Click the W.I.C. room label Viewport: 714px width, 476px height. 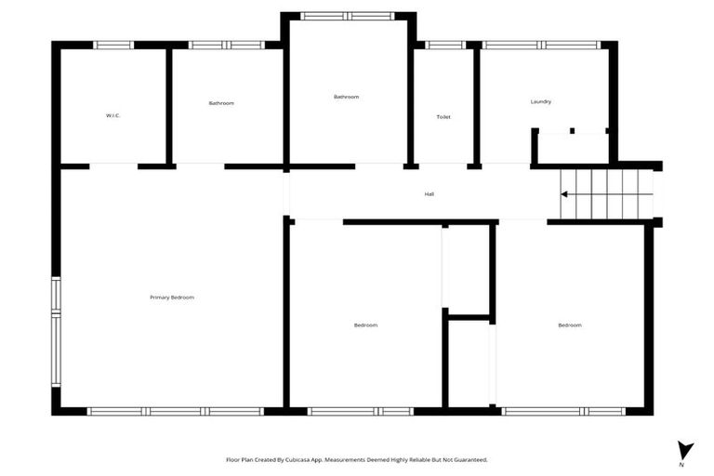[x=113, y=115]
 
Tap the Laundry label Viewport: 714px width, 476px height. [x=541, y=101]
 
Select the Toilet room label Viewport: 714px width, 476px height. [x=443, y=117]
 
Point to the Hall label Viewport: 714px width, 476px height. [x=430, y=194]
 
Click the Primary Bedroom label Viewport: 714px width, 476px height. [x=172, y=297]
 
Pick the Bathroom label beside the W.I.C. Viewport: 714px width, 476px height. [x=221, y=103]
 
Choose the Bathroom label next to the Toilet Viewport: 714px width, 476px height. [x=346, y=97]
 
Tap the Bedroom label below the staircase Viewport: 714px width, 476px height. [x=570, y=324]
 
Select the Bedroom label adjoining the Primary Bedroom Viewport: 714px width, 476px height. [x=365, y=324]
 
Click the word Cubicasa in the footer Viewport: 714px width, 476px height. [x=298, y=459]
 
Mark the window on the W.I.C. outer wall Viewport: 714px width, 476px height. [x=114, y=45]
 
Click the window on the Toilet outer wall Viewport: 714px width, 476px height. [x=445, y=45]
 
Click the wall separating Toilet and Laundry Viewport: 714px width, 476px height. [x=476, y=104]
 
